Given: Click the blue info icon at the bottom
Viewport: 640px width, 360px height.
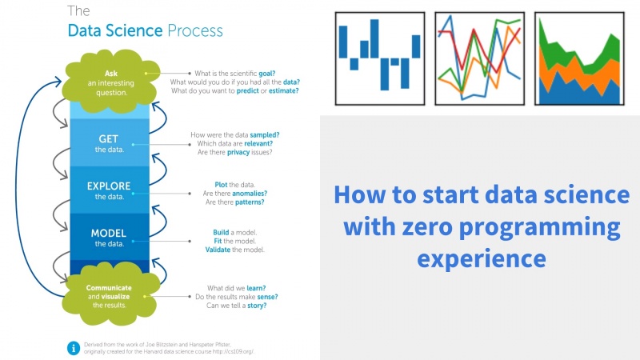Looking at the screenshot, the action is point(74,348).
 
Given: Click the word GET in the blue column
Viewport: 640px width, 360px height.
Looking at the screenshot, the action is point(108,139).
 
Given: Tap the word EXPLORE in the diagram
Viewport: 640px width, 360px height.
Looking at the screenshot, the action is point(109,186).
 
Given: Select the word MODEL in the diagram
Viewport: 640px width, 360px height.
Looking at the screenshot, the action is point(109,233).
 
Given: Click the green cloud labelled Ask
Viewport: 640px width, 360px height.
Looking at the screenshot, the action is point(111,82).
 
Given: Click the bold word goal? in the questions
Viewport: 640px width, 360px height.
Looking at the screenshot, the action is point(267,74).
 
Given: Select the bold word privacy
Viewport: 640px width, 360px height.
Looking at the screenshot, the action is point(238,152).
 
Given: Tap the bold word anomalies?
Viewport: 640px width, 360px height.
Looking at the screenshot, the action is point(250,194).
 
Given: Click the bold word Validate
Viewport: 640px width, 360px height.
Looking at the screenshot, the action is point(218,250).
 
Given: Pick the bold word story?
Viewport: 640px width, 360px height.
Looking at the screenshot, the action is point(257,306).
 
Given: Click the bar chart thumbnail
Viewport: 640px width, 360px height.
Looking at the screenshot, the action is point(380,58).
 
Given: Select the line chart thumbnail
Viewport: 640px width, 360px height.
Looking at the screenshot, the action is point(479,58).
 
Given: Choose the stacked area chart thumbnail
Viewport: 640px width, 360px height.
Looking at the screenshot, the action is point(579,58).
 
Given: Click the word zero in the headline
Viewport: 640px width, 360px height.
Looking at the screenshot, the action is point(427,226).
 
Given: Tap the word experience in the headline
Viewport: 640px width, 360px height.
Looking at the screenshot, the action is point(482,258).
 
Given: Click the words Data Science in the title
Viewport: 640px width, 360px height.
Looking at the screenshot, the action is point(115,30).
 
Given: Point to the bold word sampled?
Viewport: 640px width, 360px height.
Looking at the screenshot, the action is point(265,135).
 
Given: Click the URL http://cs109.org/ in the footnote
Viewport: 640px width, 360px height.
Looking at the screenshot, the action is point(234,351).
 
